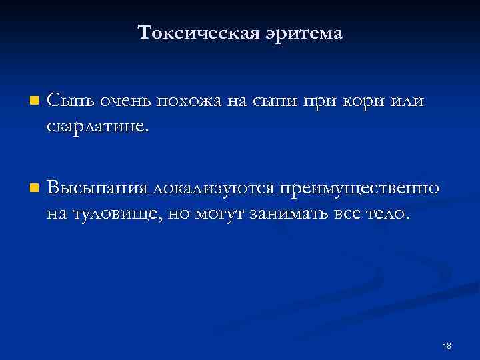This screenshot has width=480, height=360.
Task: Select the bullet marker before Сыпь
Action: pos(34,102)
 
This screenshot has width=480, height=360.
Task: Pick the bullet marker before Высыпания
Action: pos(34,187)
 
